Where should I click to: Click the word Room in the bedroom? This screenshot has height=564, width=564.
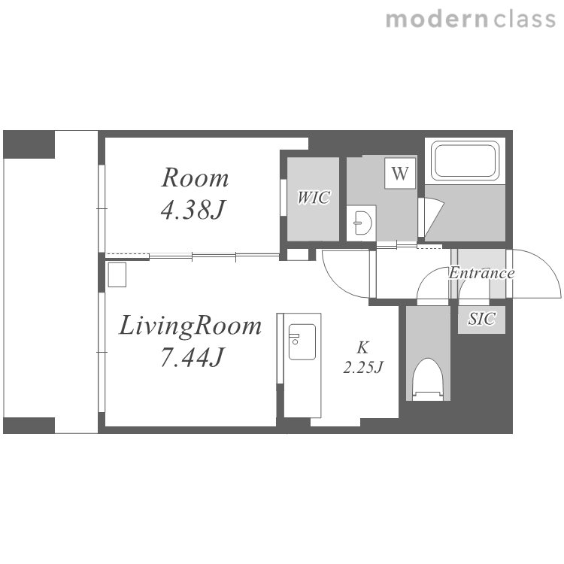195,177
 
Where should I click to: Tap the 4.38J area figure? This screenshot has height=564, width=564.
193,210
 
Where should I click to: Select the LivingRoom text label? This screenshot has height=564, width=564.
190,326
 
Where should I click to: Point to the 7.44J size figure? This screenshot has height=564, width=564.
193,356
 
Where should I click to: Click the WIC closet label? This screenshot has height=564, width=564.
314,198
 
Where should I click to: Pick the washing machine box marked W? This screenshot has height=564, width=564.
400,174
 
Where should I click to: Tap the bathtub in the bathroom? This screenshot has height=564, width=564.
465,161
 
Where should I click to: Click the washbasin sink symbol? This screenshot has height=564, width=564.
362,223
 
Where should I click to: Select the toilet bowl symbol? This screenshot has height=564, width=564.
428,379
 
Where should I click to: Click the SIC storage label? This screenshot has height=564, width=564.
481,319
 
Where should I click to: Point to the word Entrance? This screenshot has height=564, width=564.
481,273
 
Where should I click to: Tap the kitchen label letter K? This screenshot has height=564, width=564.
362,347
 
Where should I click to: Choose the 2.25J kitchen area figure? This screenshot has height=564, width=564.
363,368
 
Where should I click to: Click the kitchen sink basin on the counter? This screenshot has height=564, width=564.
302,342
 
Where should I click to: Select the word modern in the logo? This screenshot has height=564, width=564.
437,20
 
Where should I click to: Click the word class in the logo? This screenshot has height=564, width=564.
525,20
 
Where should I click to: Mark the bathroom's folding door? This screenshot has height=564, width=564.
432,217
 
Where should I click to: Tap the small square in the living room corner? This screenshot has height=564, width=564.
117,274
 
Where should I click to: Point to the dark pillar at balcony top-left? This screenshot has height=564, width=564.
29,144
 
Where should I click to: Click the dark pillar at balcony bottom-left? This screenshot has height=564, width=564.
29,426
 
